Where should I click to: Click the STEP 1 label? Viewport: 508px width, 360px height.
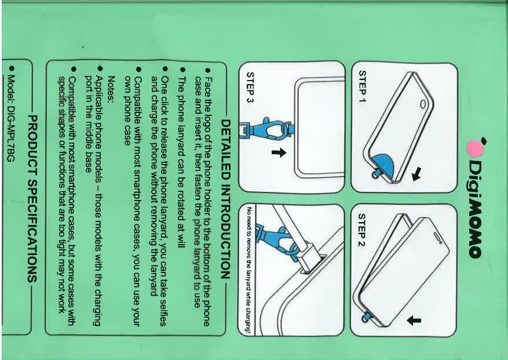(363, 86)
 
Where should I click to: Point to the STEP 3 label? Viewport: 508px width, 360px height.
(250, 87)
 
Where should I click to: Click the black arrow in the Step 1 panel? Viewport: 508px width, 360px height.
(416, 174)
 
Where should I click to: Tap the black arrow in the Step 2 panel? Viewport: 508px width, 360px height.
(414, 321)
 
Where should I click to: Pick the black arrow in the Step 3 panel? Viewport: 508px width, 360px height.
(279, 152)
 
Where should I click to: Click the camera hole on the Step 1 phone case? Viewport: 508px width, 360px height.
(423, 104)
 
